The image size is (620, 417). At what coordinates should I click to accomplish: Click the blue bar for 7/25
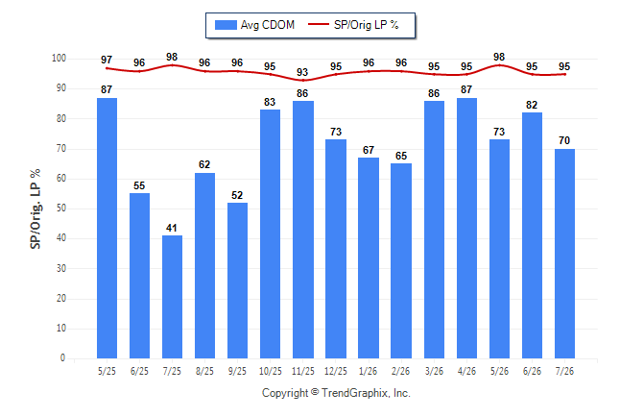click(172, 297)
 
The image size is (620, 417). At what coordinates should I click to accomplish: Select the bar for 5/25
click(107, 228)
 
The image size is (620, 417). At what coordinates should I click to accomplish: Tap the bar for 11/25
click(303, 230)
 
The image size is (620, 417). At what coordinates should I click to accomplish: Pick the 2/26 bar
click(401, 261)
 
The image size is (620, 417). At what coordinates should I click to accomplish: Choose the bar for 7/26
click(564, 254)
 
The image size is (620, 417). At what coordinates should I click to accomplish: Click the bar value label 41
click(172, 228)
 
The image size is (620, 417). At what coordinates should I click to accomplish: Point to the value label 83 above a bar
click(270, 102)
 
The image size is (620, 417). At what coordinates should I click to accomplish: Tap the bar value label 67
click(369, 150)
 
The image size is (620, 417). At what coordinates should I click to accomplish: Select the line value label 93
click(302, 72)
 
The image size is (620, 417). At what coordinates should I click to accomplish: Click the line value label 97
click(107, 60)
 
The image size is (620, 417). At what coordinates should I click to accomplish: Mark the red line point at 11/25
click(303, 81)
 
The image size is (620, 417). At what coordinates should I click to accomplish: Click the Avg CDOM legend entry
click(254, 25)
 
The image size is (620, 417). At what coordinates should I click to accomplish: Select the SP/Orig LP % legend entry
click(353, 25)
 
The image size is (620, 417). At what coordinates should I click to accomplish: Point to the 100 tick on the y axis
click(59, 59)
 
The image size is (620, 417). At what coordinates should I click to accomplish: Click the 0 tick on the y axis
click(63, 358)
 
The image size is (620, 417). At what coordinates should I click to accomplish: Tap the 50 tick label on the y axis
click(61, 208)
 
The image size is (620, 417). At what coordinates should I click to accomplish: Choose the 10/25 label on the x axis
click(271, 371)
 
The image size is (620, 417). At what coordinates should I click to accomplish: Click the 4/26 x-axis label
click(466, 371)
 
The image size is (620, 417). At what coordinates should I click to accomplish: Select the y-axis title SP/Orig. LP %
click(36, 209)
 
